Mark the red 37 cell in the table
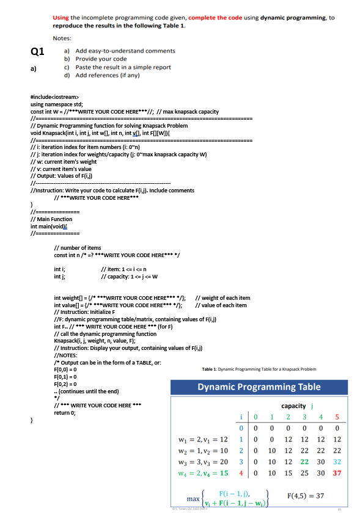click(x=336, y=473)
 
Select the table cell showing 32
click(x=337, y=462)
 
